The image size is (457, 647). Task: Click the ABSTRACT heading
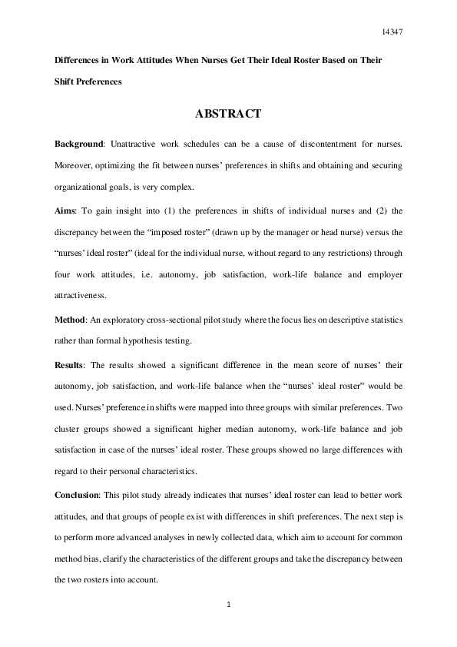(x=229, y=114)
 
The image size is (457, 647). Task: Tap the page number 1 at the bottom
(x=229, y=606)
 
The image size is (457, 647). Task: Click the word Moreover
(x=76, y=165)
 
